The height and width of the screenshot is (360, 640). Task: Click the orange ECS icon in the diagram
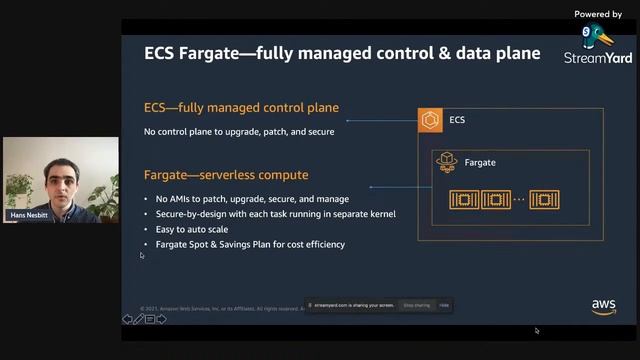pos(430,121)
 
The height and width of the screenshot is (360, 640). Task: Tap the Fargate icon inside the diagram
pos(446,161)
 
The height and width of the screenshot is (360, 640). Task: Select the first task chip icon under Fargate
pos(464,198)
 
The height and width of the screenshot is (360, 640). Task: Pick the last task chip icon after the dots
pos(544,198)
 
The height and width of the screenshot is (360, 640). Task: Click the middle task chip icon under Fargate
pos(496,198)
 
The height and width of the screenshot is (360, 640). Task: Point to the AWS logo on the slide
pos(603,306)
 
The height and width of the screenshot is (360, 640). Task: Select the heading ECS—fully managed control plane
pos(241,108)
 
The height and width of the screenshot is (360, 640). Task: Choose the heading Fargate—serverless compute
pos(226,175)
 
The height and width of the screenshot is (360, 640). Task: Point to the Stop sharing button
pos(415,305)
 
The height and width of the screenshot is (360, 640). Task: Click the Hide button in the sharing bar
pos(444,305)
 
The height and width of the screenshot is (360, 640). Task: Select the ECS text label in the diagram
pos(457,121)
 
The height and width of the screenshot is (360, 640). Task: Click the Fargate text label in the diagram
pos(480,162)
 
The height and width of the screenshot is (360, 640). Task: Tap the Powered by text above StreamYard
pos(598,14)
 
